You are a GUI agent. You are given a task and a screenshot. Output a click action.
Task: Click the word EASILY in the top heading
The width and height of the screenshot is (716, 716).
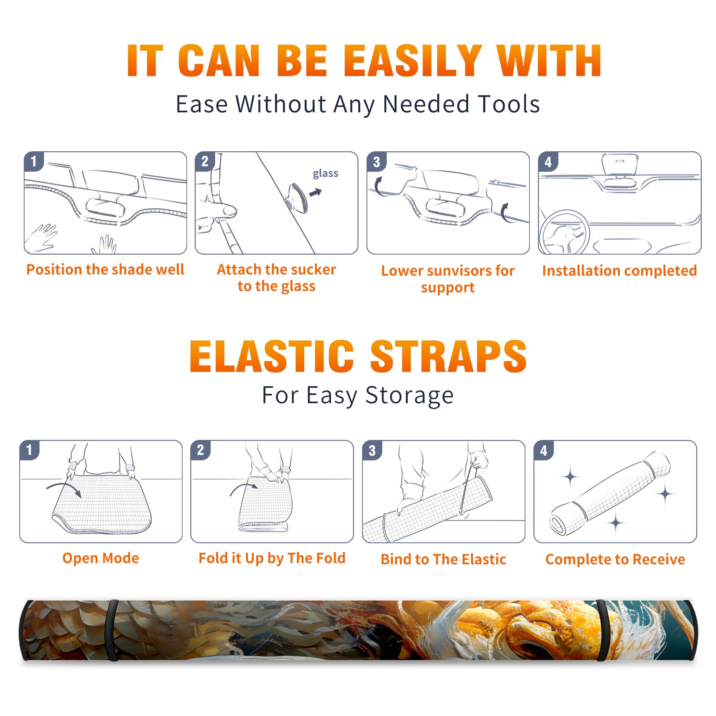point(412,61)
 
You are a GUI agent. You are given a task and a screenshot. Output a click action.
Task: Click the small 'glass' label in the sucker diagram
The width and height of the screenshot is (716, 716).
point(325,174)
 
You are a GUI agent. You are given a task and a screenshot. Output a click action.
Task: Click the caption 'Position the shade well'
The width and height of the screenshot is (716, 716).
point(105,269)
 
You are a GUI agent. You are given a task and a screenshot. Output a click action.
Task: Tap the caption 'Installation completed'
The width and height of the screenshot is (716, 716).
point(619,271)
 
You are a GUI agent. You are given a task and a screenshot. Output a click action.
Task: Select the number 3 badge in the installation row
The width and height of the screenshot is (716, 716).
point(376,162)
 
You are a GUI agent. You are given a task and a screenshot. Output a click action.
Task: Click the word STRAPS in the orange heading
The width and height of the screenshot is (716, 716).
point(448,356)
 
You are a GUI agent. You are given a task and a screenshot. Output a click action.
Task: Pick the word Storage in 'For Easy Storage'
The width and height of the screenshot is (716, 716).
point(409,396)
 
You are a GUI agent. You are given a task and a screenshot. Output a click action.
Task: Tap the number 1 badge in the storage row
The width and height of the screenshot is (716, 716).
point(30,450)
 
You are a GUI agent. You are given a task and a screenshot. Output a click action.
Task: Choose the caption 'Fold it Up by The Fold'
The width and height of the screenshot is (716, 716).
point(272,558)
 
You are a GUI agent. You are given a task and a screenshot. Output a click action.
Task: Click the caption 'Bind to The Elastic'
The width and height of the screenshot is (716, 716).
point(443,559)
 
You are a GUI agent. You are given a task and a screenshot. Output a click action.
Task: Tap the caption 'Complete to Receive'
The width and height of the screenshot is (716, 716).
point(615,559)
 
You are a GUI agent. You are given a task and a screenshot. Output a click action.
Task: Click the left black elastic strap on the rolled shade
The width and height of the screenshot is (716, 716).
point(112,631)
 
